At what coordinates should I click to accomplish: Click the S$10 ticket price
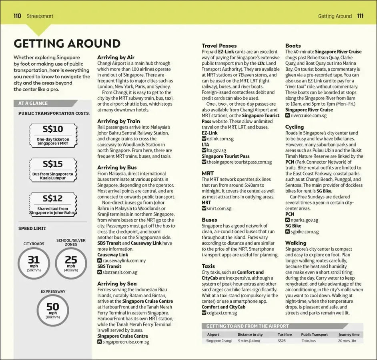tap(53, 129)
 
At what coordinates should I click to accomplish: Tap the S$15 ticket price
tap(53, 164)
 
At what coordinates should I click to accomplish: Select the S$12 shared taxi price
tap(53, 198)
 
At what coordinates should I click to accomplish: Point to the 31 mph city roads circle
tap(34, 263)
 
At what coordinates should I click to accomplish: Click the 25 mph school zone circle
tap(71, 263)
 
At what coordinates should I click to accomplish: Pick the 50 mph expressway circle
tap(53, 310)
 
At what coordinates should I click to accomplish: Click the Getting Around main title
tap(67, 43)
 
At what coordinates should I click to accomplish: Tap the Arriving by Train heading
tap(119, 121)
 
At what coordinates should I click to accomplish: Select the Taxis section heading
tap(208, 266)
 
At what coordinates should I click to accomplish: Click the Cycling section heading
tap(295, 127)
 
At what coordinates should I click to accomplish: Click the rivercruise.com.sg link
tap(308, 116)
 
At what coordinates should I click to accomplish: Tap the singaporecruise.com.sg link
tap(126, 342)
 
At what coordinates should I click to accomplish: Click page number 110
tap(17, 16)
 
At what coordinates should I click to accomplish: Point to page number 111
tap(360, 16)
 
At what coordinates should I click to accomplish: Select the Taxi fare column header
tap(285, 334)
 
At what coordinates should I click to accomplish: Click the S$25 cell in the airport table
tap(282, 341)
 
